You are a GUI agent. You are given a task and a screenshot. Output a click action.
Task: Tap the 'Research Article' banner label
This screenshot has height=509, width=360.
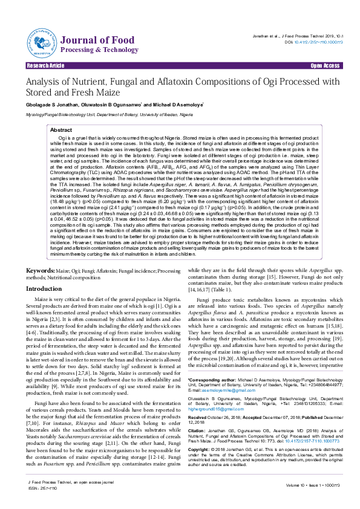[45, 65]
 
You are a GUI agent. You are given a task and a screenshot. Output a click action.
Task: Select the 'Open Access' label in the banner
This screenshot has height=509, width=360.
[324, 65]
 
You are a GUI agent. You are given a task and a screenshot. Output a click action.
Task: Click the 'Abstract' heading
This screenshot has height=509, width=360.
[61, 130]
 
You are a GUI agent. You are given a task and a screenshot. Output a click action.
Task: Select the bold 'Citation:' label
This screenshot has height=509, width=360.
[199, 431]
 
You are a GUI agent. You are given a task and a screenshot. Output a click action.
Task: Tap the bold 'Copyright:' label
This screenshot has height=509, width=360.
[201, 450]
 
